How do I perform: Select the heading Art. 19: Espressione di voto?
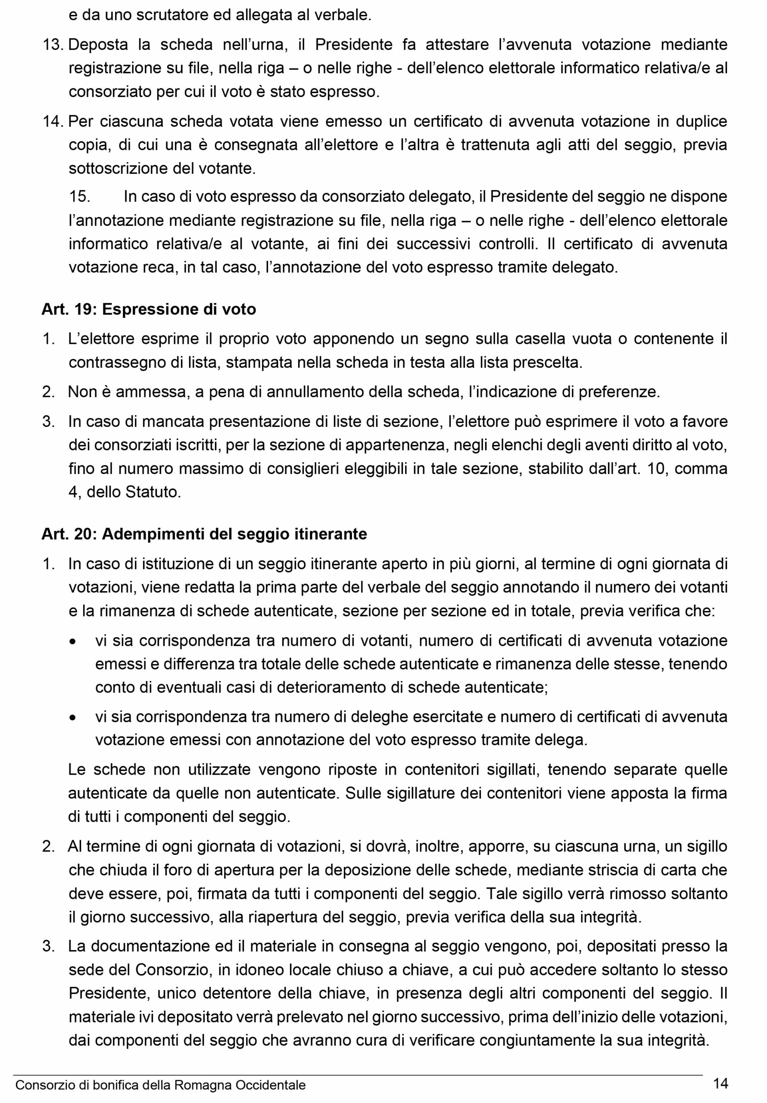(x=149, y=309)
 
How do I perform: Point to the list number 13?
(x=53, y=45)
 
